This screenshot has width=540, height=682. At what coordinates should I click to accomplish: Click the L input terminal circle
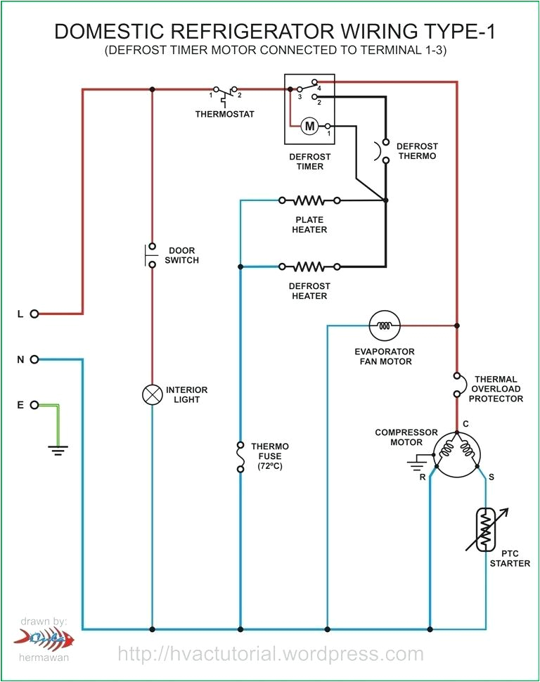34,314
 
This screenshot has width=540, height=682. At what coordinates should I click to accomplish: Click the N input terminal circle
34,359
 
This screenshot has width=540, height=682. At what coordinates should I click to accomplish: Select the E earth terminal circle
34,405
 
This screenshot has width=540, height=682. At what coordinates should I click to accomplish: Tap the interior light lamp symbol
152,395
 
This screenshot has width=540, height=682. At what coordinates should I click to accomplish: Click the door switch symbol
152,255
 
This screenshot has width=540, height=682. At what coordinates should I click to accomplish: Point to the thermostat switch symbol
225,92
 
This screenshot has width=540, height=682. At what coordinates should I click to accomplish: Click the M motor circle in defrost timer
309,126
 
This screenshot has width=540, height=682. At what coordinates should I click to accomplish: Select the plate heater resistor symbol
309,200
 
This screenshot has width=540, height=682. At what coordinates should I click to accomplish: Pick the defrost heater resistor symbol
309,266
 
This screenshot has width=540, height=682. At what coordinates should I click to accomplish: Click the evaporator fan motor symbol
384,326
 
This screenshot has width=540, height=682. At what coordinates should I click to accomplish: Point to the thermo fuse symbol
240,456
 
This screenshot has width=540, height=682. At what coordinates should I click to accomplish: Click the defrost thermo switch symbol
385,150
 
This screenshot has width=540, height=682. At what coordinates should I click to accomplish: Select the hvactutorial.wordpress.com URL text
271,654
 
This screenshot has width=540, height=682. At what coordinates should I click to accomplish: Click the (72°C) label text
270,466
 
